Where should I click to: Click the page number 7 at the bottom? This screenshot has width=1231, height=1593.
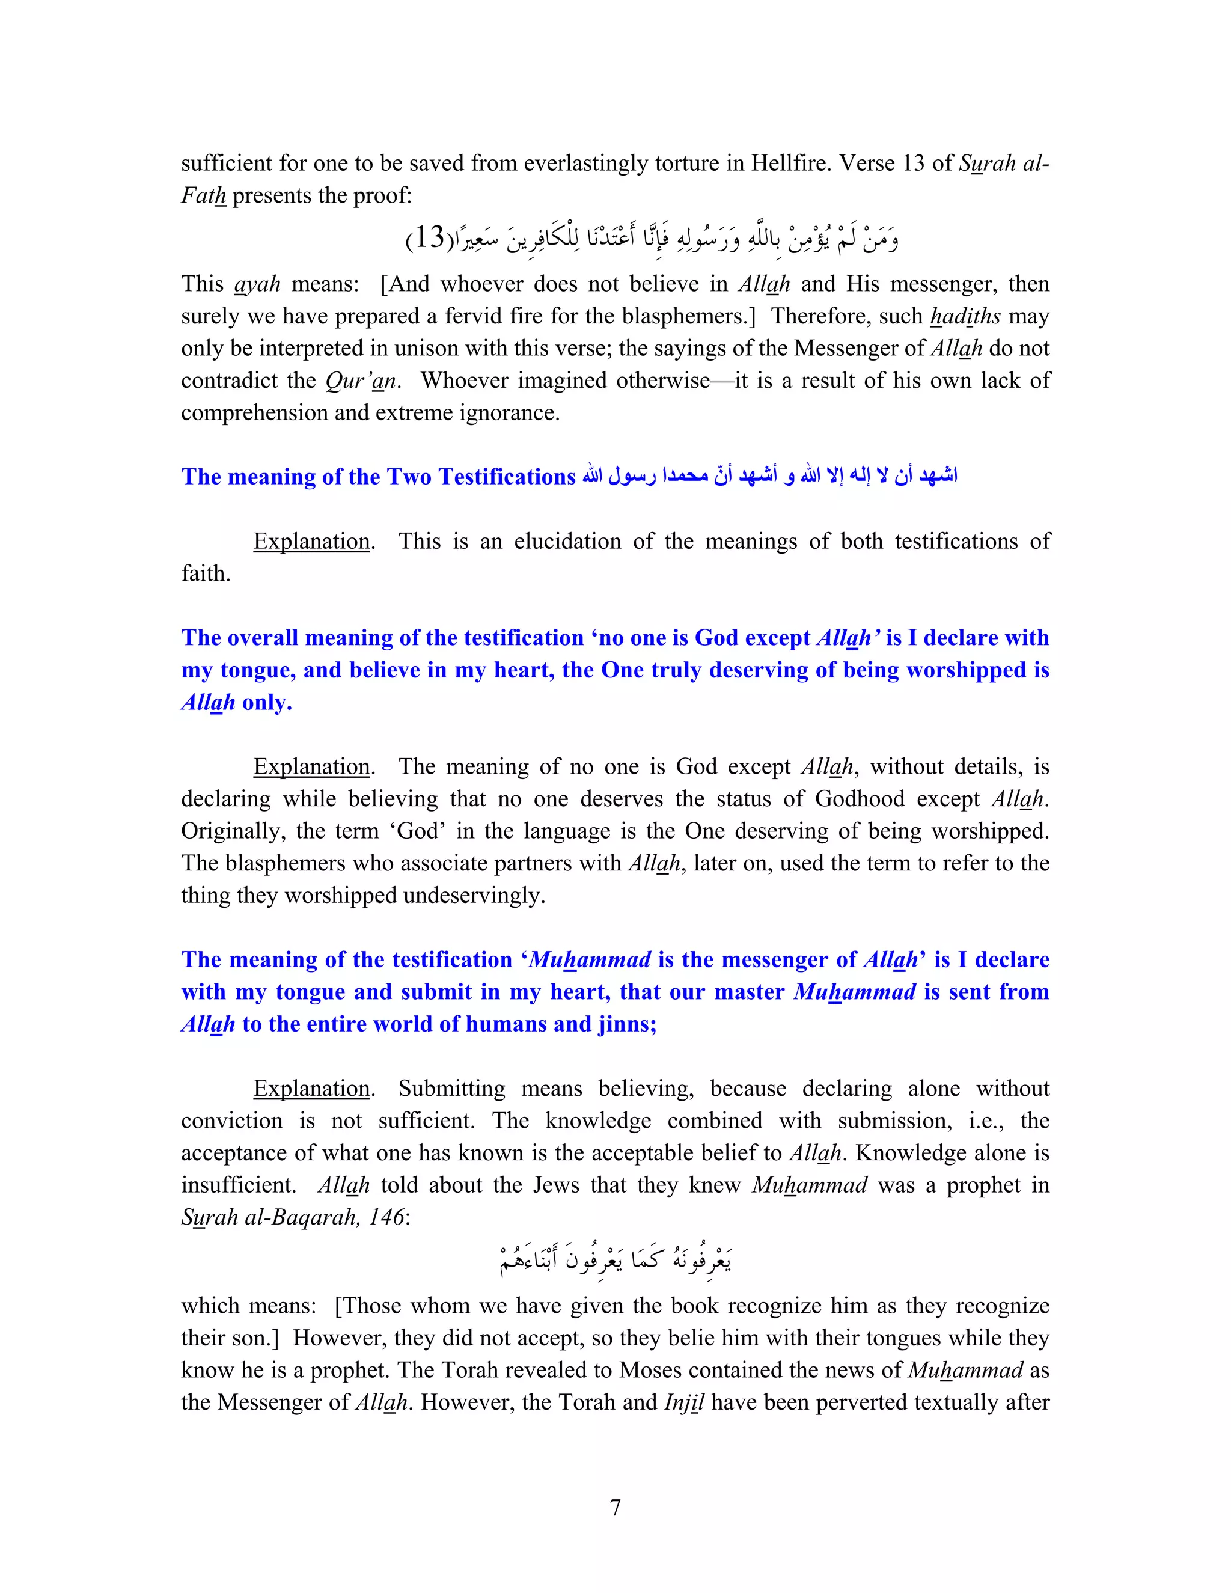615,1507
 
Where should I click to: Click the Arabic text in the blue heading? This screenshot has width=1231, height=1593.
769,475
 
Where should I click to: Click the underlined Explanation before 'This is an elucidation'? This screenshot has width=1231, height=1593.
311,541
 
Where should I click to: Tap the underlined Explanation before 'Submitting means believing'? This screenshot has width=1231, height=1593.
311,1088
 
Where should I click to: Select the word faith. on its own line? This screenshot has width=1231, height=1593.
206,573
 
